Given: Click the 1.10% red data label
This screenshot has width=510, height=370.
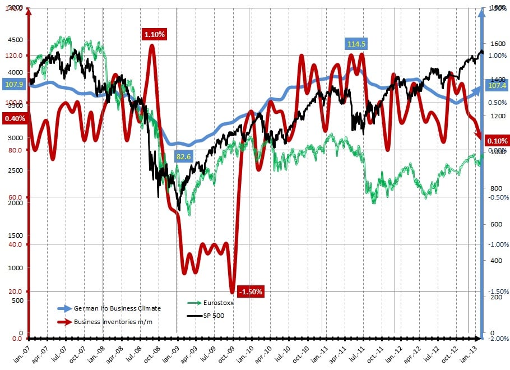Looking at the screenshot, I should click(155, 34).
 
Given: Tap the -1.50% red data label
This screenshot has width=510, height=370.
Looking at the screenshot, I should click(250, 292).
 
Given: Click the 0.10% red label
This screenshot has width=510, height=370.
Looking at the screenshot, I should click(497, 141).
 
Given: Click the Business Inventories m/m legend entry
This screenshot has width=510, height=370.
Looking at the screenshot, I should click(109, 322).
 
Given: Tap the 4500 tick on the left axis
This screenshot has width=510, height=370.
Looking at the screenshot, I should click(15, 40).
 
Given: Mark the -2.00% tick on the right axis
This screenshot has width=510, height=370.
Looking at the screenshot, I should click(498, 339).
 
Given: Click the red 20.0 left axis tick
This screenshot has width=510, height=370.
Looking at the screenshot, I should click(14, 292).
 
